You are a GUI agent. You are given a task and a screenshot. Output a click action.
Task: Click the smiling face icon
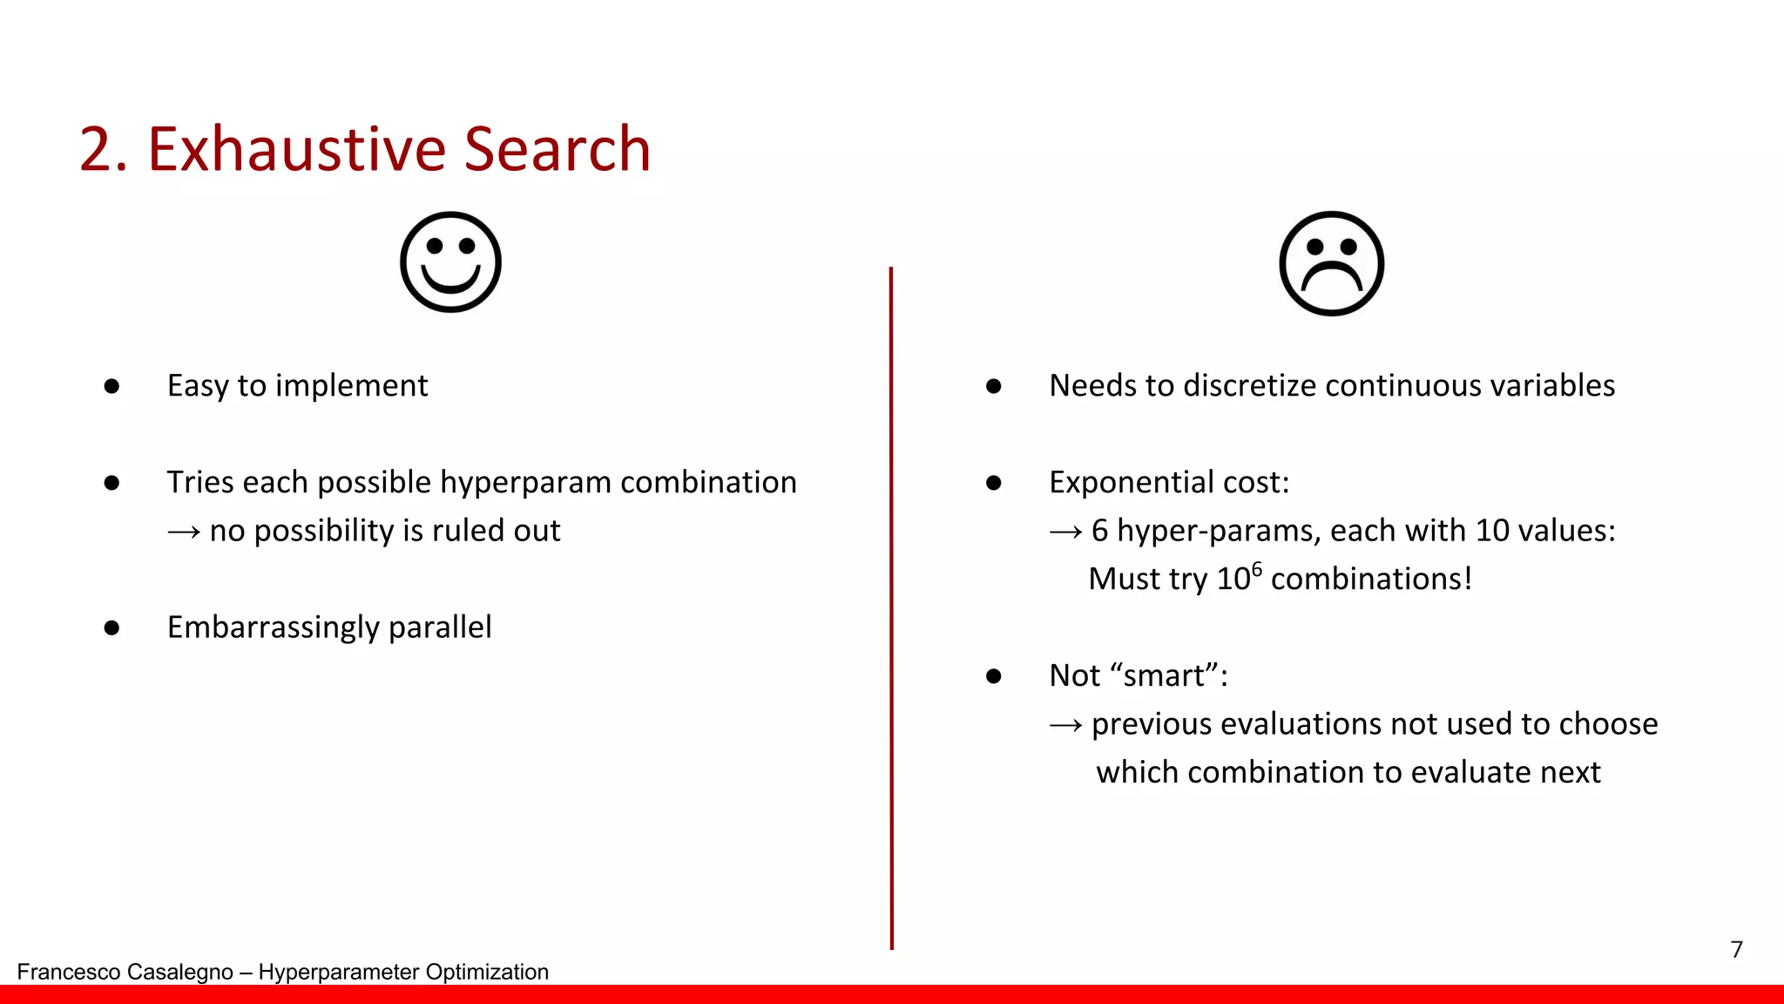[x=450, y=261]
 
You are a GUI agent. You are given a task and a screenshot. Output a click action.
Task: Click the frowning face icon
[x=1331, y=263]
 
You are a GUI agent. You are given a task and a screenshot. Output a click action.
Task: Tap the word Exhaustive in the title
[x=295, y=149]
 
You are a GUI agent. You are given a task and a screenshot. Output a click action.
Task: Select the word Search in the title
[x=557, y=149]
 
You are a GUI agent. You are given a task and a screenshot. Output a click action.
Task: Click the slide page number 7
[x=1736, y=949]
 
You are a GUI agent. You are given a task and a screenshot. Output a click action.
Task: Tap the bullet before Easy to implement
[x=111, y=386]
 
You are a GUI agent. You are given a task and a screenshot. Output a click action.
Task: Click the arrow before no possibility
[x=184, y=532]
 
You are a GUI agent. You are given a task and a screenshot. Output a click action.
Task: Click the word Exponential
[x=1114, y=482]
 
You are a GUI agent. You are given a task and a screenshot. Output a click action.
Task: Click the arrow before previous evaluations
[x=1065, y=725]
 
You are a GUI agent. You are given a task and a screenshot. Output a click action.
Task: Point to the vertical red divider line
[x=891, y=610]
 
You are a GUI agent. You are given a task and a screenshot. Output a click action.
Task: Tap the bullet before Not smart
[x=993, y=676]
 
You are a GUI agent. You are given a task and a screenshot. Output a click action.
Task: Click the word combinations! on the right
[x=1371, y=580]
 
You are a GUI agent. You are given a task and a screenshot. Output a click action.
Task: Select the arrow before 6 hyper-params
[x=1065, y=532]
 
